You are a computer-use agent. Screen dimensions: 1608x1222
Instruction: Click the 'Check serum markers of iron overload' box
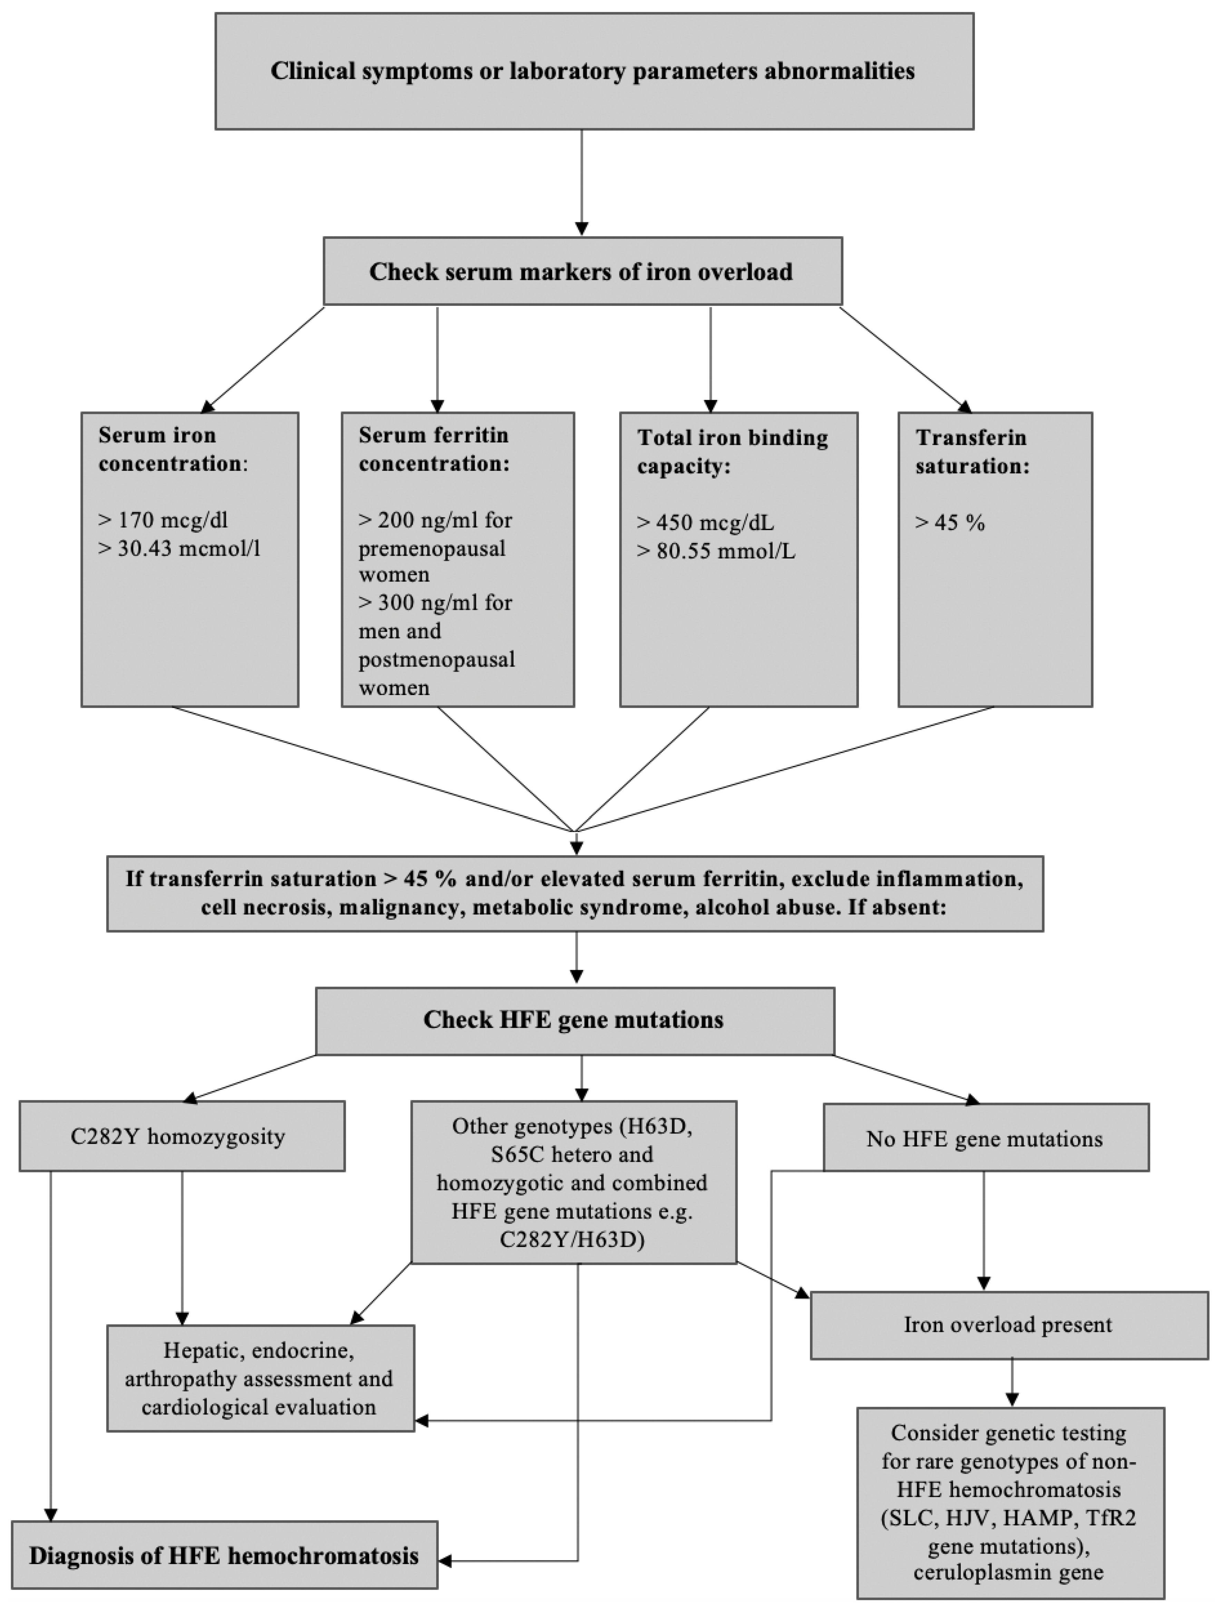point(582,271)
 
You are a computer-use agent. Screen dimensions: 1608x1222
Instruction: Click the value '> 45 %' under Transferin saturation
point(950,523)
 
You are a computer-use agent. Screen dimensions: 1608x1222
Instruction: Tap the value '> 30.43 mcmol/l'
point(179,548)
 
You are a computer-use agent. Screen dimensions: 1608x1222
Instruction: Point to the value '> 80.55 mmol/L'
point(716,551)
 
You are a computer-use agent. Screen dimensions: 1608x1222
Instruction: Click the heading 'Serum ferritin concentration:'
point(434,449)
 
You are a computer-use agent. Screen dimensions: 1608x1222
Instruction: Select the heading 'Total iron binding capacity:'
point(732,452)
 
